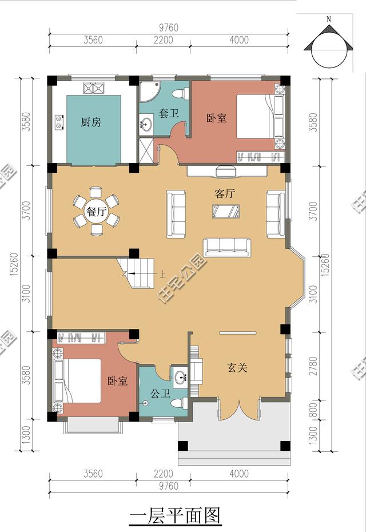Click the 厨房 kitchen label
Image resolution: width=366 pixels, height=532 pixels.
(x=91, y=122)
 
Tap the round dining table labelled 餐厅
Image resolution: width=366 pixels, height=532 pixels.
(x=97, y=212)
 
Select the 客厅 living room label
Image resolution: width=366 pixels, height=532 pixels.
(x=225, y=194)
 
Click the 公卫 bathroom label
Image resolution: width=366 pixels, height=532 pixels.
(x=160, y=394)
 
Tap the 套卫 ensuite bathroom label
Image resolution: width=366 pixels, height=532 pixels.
(x=169, y=114)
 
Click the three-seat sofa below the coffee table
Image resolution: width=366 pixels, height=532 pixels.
(x=227, y=247)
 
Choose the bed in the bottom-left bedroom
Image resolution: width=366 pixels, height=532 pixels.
(x=77, y=380)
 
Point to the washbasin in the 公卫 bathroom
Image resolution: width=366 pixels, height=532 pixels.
(x=182, y=376)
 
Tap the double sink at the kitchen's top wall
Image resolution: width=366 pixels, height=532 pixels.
(x=94, y=88)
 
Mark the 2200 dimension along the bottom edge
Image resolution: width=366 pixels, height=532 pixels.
(x=163, y=474)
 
